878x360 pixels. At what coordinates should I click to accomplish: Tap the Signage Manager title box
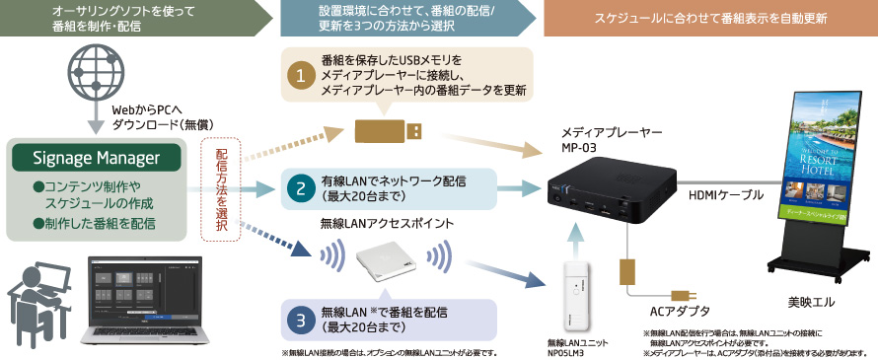[97, 158]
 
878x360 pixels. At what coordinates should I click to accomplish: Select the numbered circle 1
[300, 74]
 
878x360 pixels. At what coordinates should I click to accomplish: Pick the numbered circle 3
[300, 321]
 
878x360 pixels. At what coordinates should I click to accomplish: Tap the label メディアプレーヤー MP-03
[597, 138]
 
